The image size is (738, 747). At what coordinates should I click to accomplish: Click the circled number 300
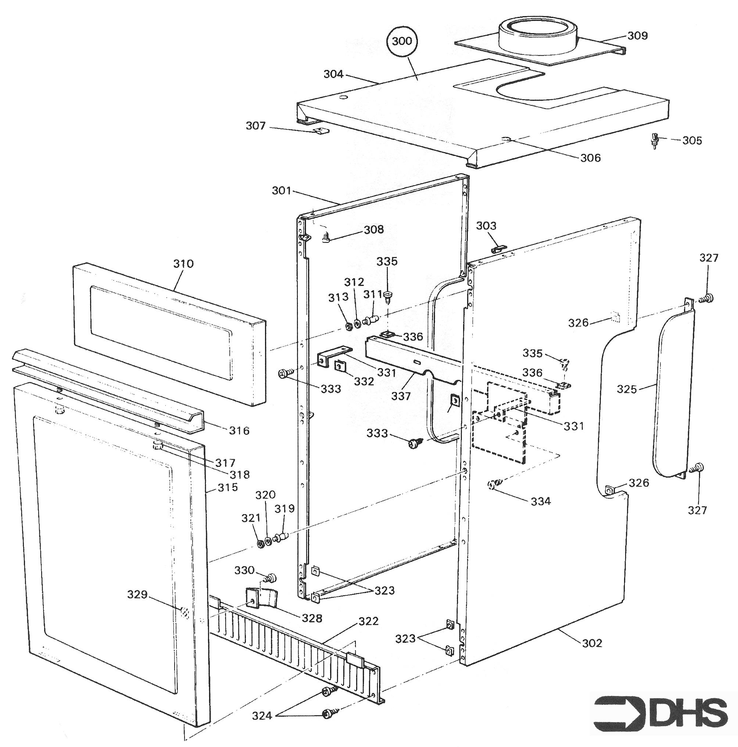coord(402,41)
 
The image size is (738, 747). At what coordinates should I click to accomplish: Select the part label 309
coord(637,36)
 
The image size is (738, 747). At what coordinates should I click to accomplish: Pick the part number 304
coord(333,74)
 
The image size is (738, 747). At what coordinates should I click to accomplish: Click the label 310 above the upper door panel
coord(183,264)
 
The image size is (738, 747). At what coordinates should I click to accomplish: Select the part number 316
coord(239,430)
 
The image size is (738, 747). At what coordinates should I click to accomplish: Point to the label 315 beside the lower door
coord(228,487)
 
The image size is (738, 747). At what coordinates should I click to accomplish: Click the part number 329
coord(137,594)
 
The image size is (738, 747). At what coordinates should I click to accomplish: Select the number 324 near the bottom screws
coord(262,716)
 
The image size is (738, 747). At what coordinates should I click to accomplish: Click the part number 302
coord(592,643)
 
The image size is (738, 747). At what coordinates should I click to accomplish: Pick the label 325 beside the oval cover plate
coord(626,389)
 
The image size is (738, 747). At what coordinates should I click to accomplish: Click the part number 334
coord(541,501)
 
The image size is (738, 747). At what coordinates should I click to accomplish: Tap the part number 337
coord(401,396)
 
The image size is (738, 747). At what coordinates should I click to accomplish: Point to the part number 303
coord(486,226)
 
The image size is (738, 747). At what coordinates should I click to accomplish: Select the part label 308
coord(374,229)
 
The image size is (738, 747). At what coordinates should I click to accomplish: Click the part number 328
coord(312,618)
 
